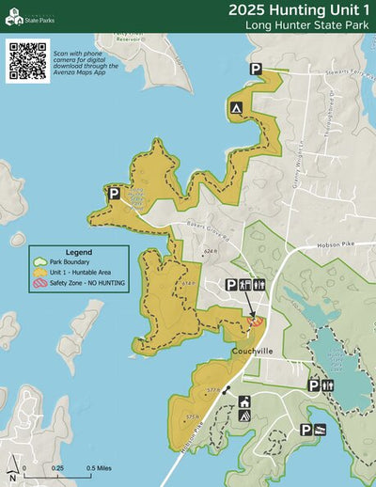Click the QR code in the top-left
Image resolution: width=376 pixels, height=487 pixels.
pyautogui.click(x=27, y=61)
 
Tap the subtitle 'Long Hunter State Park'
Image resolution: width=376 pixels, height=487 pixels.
pyautogui.click(x=306, y=24)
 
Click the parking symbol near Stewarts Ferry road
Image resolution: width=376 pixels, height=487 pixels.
pyautogui.click(x=256, y=69)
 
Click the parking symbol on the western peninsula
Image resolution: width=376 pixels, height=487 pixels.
pyautogui.click(x=114, y=194)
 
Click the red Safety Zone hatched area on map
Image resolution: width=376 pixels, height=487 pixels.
pyautogui.click(x=254, y=322)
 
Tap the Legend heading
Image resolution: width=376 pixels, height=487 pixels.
pyautogui.click(x=78, y=253)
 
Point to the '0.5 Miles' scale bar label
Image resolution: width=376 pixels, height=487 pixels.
pyautogui.click(x=101, y=467)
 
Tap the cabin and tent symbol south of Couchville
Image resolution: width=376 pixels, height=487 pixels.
pyautogui.click(x=243, y=408)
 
